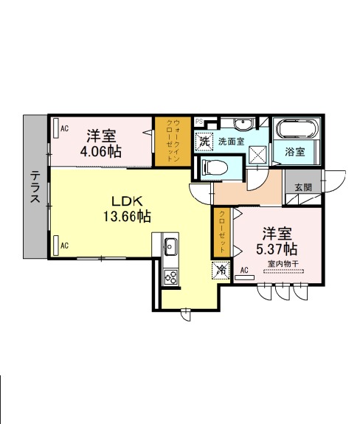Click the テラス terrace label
point(35,187)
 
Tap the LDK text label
point(127,201)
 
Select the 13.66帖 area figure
point(127,216)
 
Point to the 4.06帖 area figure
point(101,151)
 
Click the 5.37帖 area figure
point(277,249)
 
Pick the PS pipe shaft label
point(199,122)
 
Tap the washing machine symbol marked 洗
point(204,141)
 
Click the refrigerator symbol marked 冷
point(221,270)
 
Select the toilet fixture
point(215,167)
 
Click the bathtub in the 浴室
point(297,129)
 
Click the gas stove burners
point(170,277)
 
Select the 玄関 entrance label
point(303,187)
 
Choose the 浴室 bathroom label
point(294,152)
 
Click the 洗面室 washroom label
point(231,141)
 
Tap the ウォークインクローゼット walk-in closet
point(173,141)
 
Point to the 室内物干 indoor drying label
point(283,264)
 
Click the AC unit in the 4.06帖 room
point(56,128)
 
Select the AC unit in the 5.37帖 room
point(244,277)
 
